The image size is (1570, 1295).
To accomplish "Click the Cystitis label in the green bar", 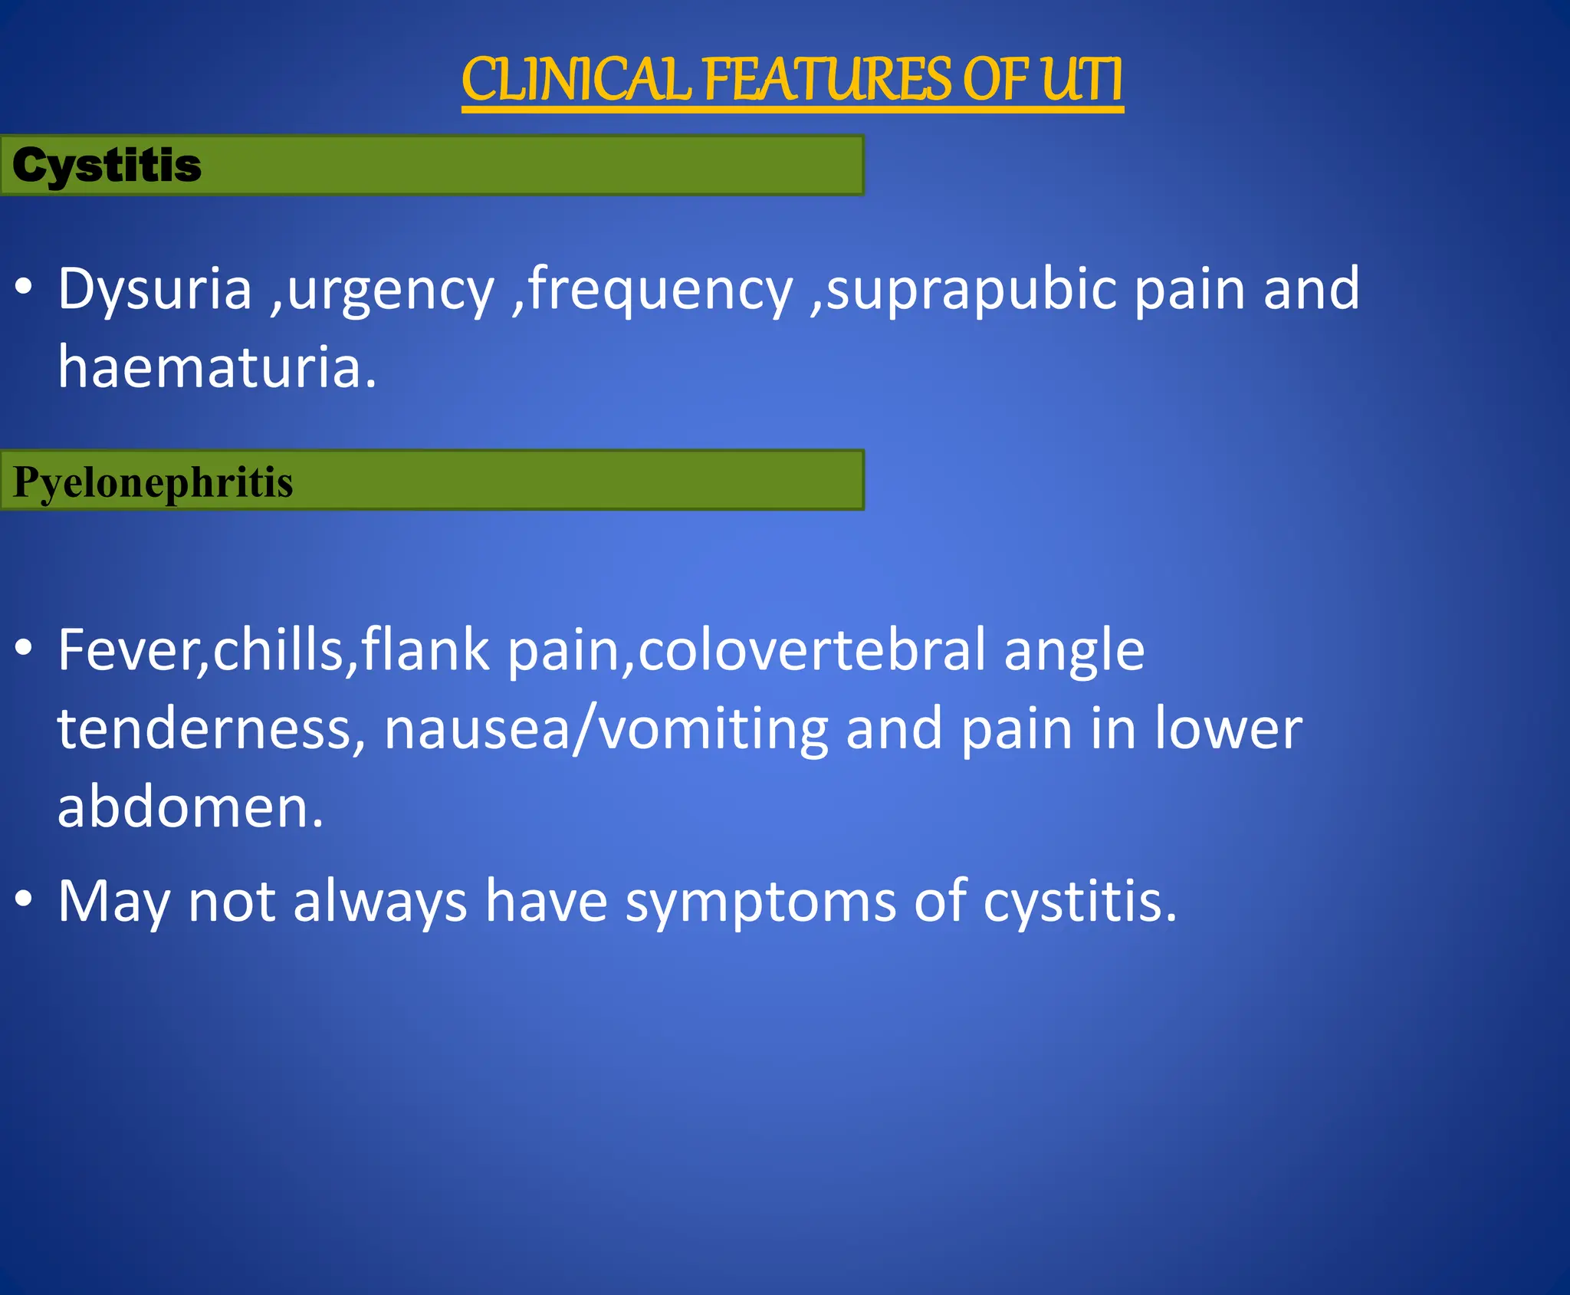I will (x=107, y=166).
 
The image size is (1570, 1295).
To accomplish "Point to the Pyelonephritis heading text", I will (x=153, y=482).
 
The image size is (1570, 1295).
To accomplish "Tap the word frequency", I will (x=660, y=290).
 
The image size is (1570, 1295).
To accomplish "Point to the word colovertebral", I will (x=812, y=650).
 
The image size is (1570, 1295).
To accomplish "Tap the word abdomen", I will (x=190, y=807).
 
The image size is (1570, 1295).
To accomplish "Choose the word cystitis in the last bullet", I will (x=1079, y=901).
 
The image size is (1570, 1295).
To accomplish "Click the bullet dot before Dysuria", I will (x=24, y=287).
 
